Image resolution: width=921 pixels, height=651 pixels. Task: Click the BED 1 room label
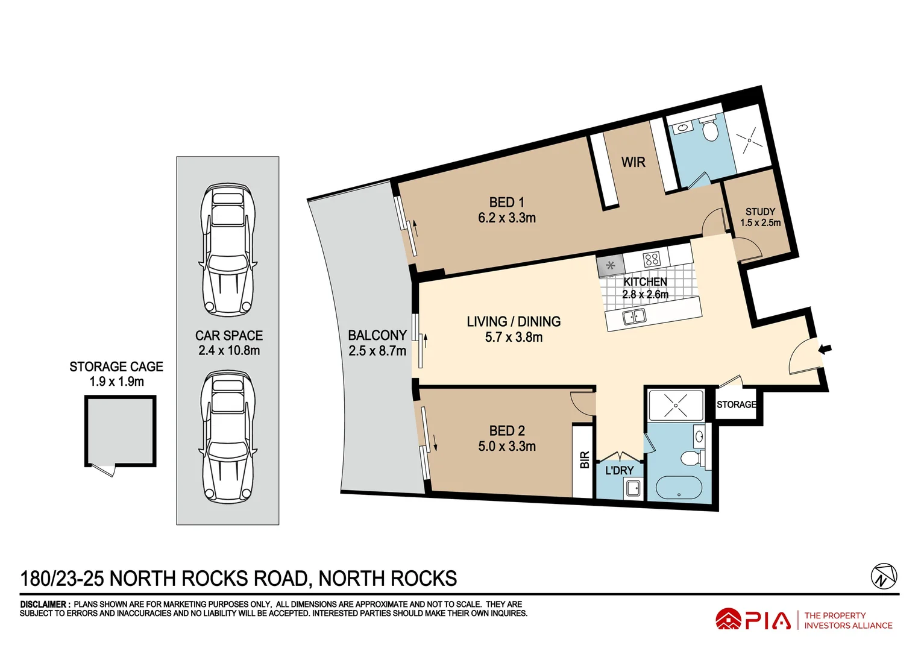pyautogui.click(x=506, y=210)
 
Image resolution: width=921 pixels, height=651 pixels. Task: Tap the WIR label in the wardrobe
pyautogui.click(x=633, y=162)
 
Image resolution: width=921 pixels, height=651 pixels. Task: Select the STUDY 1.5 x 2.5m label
pyautogui.click(x=760, y=217)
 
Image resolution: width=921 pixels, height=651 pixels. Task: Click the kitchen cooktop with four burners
pyautogui.click(x=652, y=260)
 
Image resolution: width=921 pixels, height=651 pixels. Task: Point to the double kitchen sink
pyautogui.click(x=633, y=316)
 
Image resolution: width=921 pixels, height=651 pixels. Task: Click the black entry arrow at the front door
pyautogui.click(x=825, y=348)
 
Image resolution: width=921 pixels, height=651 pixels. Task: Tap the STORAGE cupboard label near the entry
pyautogui.click(x=736, y=404)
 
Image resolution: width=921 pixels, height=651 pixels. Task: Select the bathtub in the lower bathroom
pyautogui.click(x=679, y=487)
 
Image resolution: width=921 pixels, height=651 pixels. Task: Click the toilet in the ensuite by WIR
pyautogui.click(x=711, y=130)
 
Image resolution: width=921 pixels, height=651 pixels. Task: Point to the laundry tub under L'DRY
pyautogui.click(x=633, y=488)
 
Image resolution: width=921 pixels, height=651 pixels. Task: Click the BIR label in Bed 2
pyautogui.click(x=584, y=461)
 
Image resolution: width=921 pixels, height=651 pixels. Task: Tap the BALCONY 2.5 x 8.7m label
pyautogui.click(x=377, y=342)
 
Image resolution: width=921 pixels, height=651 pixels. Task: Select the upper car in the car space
pyautogui.click(x=228, y=250)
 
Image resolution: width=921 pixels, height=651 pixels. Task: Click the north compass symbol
pyautogui.click(x=884, y=576)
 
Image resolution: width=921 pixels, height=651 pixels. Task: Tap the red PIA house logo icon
pyautogui.click(x=728, y=620)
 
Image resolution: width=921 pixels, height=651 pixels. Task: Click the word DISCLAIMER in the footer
pyautogui.click(x=44, y=604)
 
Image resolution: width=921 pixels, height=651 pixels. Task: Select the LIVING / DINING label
pyautogui.click(x=514, y=329)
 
